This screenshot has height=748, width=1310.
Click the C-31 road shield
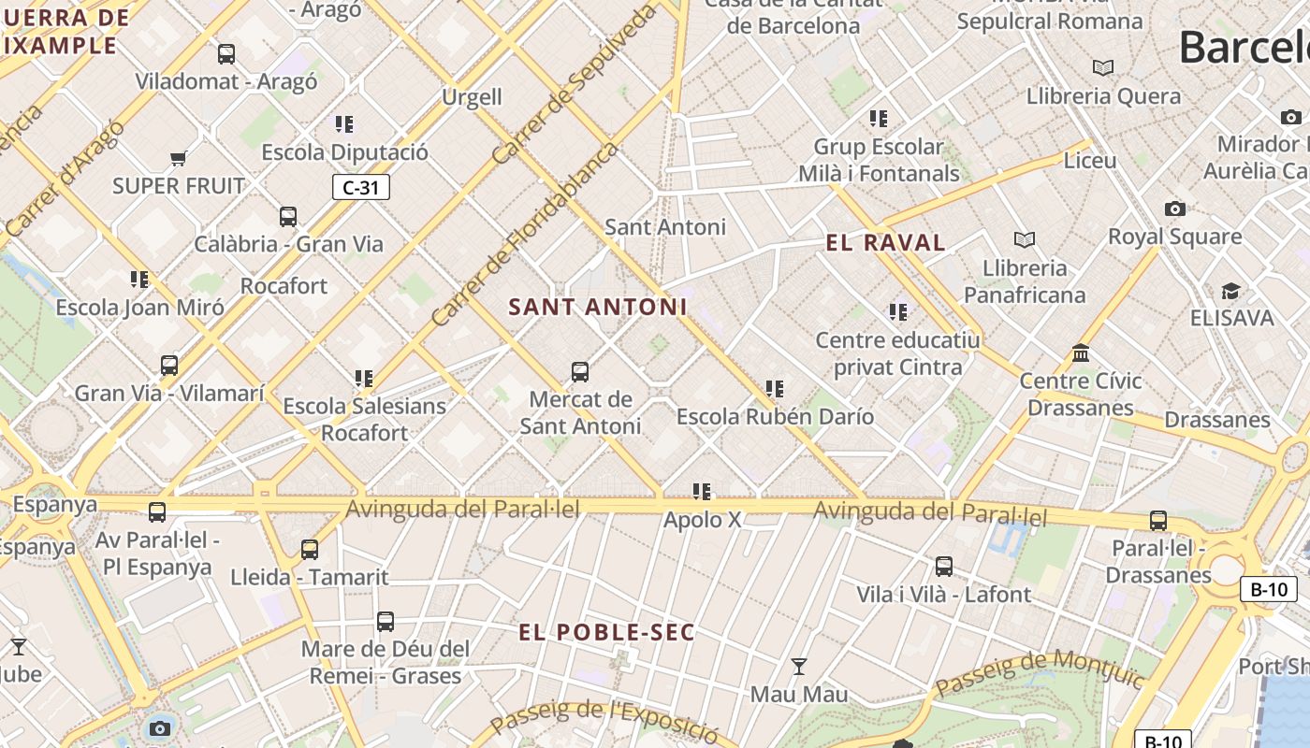361,187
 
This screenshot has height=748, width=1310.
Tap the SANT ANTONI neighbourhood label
598,307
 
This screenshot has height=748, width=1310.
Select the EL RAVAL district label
885,243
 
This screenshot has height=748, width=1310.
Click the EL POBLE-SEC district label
607,633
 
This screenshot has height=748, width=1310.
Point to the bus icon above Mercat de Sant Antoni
580,372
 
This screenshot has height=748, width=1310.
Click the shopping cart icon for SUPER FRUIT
179,158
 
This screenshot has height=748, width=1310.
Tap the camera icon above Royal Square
1175,209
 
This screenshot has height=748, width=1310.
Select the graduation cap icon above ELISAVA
1230,291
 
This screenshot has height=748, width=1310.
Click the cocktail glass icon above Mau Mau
799,667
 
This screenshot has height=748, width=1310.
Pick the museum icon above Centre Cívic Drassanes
1081,353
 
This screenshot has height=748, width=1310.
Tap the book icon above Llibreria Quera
1103,68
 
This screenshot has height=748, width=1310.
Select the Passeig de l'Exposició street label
604,718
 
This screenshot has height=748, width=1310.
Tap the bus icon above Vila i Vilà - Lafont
944,567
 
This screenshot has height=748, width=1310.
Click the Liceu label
1090,161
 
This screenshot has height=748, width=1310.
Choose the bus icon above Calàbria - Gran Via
288,217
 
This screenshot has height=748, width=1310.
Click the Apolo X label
702,520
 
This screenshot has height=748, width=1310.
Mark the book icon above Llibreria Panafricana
1025,240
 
